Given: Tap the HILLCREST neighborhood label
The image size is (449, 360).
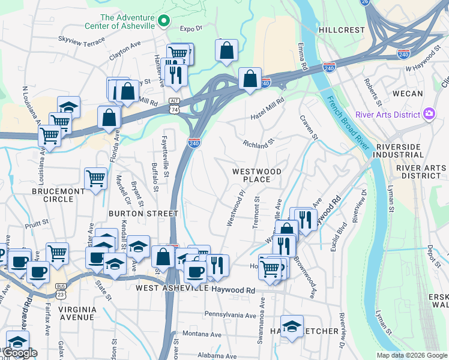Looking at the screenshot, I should (x=342, y=30).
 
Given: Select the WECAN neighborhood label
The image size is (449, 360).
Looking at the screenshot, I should (x=408, y=94).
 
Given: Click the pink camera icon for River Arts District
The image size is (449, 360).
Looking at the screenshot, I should (x=429, y=114).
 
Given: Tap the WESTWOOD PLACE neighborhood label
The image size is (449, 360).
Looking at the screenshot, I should (x=257, y=175).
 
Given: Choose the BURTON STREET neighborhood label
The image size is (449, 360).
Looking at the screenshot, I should (x=143, y=213).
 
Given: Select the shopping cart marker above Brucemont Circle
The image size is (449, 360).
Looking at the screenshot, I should (x=95, y=178).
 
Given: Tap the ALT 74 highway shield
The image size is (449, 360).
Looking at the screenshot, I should (x=174, y=106).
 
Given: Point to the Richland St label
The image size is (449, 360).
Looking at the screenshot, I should (x=258, y=143).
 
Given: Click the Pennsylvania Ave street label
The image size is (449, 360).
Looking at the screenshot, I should (x=231, y=314).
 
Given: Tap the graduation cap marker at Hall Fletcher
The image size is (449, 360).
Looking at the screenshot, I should (x=292, y=326).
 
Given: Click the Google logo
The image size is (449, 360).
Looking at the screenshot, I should (x=20, y=353).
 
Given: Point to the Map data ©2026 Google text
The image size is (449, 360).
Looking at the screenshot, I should (x=412, y=355).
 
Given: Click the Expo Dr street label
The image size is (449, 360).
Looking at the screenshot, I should (x=191, y=28).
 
